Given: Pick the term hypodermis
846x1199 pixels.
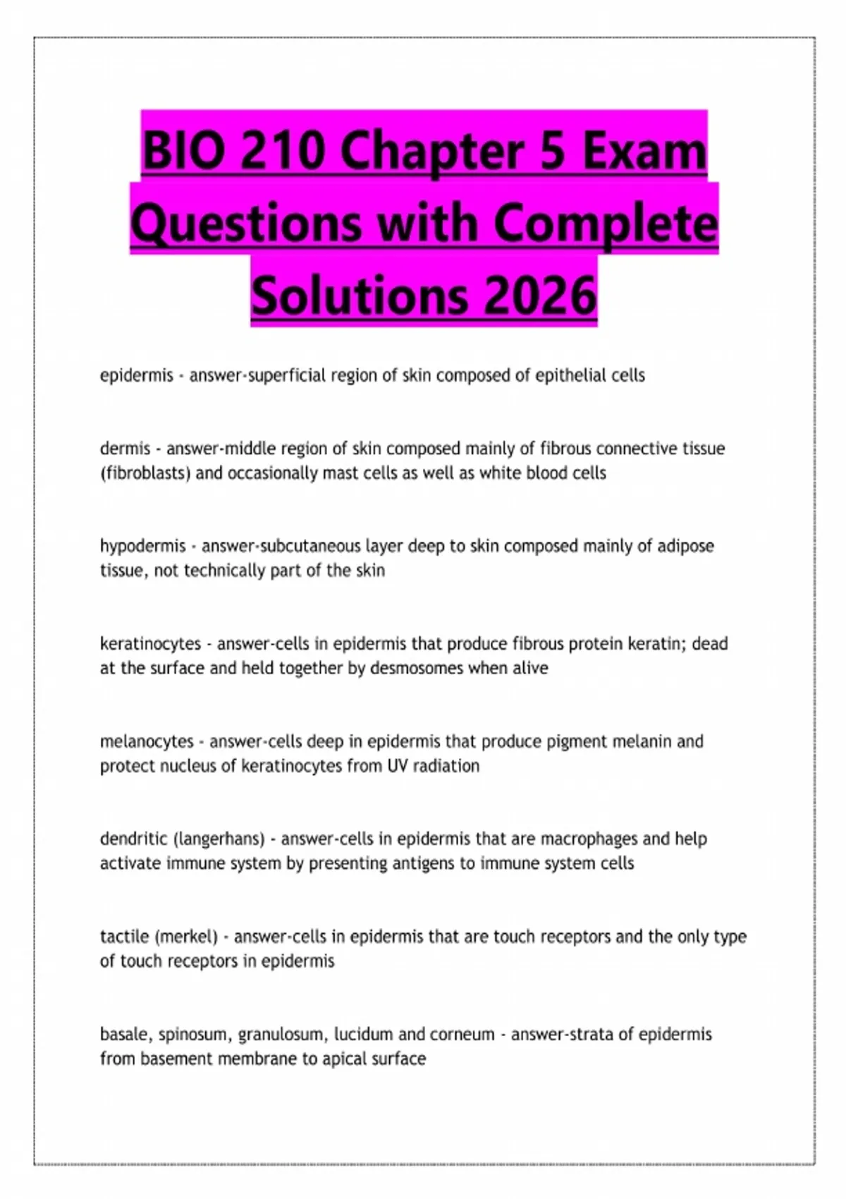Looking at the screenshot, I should pyautogui.click(x=143, y=547).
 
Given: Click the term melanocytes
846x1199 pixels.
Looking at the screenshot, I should pyautogui.click(x=147, y=742).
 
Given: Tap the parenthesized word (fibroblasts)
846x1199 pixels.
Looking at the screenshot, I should pyautogui.click(x=145, y=473).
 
